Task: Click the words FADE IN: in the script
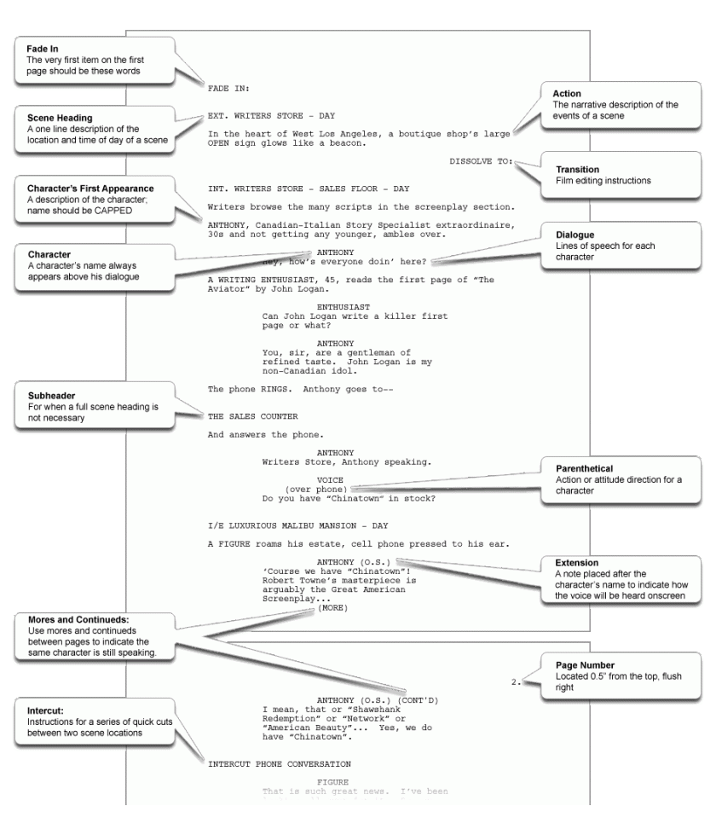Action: [228, 88]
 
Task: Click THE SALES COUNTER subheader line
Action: [252, 416]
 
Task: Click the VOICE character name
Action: [329, 479]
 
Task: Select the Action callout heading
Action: [569, 95]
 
